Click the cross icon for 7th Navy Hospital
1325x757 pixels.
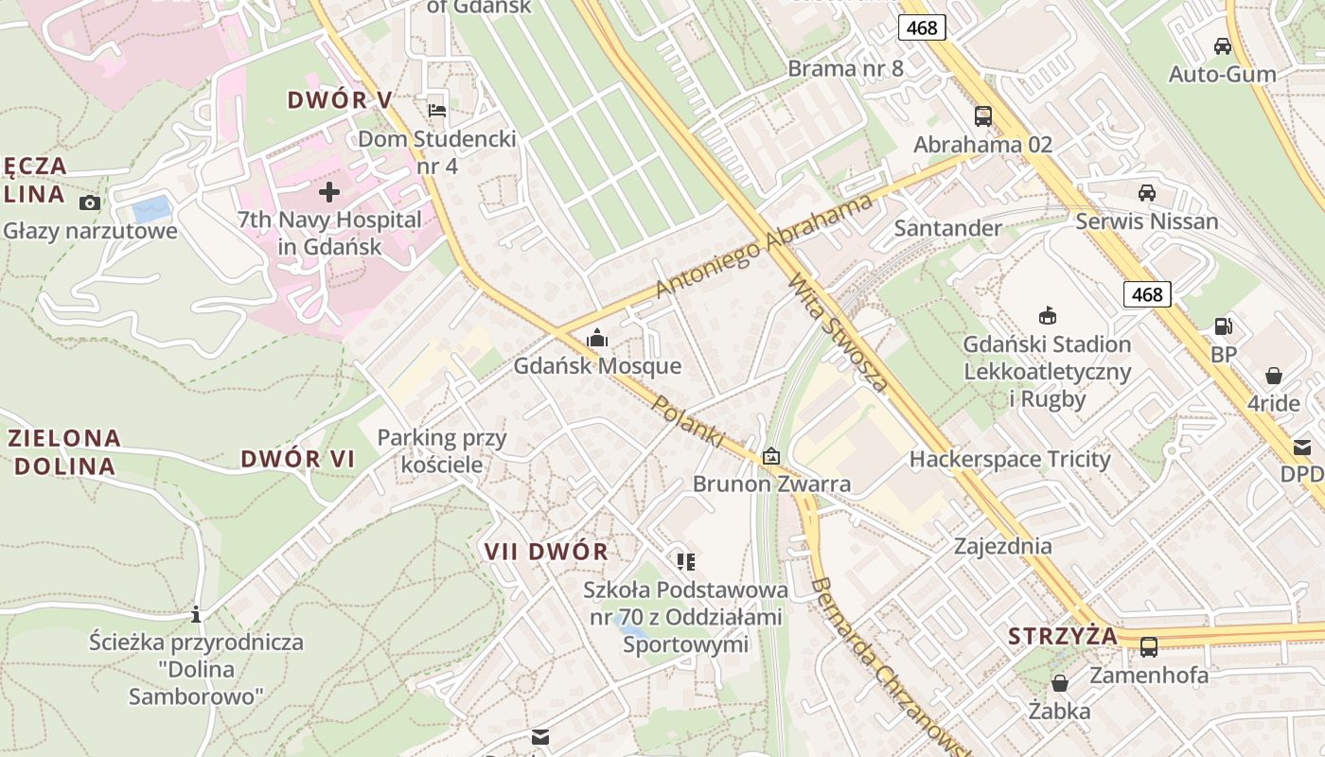coord(328,193)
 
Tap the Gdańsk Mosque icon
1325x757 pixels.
coord(597,338)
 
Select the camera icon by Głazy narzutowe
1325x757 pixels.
coord(90,202)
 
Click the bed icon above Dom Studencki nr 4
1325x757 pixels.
coord(437,111)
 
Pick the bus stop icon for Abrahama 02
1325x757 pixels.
coord(983,116)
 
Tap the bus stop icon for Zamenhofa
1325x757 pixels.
coord(1148,647)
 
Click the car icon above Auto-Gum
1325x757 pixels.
coord(1222,46)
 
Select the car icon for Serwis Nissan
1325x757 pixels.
coord(1146,193)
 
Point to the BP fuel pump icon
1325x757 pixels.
coord(1224,326)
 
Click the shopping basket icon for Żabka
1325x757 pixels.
coord(1060,683)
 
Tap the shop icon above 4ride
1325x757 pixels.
coord(1274,376)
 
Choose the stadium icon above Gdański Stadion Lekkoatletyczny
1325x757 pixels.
coord(1047,316)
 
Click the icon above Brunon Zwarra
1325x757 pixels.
coord(771,456)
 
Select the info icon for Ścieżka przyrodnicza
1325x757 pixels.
coord(196,614)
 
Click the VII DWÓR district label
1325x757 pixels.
coord(546,552)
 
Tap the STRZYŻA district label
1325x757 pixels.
coord(1062,636)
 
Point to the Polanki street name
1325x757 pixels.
coord(688,420)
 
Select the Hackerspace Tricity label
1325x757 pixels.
coord(1009,460)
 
